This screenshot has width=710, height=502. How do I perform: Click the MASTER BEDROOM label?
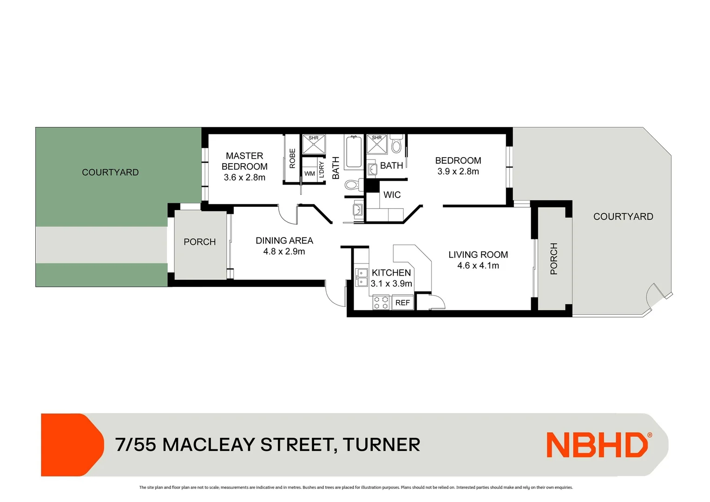[244, 161]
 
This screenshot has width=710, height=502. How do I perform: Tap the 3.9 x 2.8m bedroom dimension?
[458, 172]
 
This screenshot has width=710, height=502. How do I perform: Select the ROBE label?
[292, 158]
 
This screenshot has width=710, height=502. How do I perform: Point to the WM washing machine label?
[309, 174]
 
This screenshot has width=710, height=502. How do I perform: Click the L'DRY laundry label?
[322, 170]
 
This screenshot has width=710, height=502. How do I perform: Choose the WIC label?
[392, 195]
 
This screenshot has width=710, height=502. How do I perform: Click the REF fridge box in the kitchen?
[402, 303]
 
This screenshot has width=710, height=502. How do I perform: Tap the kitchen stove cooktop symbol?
[381, 303]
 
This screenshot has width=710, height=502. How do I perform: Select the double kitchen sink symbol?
[361, 277]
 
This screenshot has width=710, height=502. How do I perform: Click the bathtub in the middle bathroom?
[354, 151]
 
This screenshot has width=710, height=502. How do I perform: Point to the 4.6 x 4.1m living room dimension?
[478, 266]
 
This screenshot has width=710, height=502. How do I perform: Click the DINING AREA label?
[284, 240]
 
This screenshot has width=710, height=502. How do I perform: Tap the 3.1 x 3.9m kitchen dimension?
[391, 284]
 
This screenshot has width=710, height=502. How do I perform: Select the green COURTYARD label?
[110, 172]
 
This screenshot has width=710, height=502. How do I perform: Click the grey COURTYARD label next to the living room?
[623, 217]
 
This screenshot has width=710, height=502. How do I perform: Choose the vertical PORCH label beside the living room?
[553, 258]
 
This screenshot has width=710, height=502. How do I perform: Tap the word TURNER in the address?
[381, 445]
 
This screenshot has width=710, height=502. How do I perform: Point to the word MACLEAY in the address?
[209, 445]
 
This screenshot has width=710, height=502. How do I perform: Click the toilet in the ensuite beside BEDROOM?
[396, 145]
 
